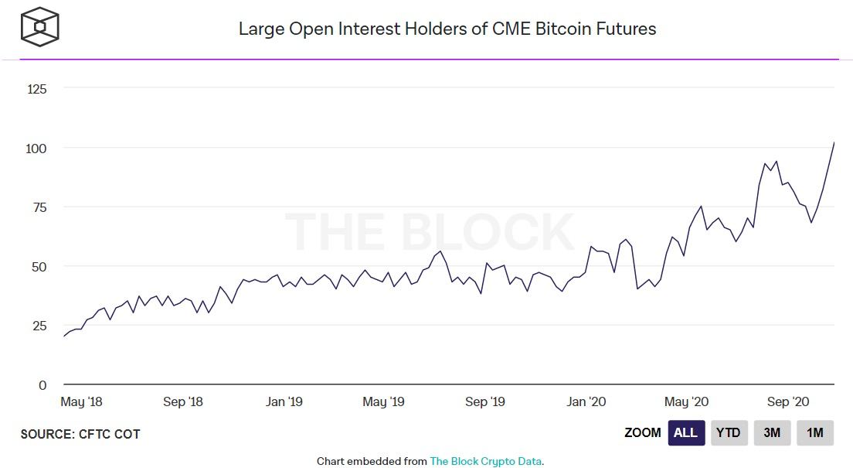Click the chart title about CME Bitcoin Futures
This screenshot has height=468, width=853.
tap(447, 29)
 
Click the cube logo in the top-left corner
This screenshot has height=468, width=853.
tap(39, 26)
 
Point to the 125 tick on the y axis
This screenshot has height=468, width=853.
tap(38, 89)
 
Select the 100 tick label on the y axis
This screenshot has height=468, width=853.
tap(38, 148)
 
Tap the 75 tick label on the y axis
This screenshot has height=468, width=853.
tap(40, 207)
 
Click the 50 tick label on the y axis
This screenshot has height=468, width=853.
tap(40, 267)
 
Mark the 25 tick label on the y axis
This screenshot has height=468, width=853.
tap(40, 326)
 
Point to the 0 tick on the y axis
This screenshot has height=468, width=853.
tap(43, 385)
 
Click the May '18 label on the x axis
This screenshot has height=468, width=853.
tap(81, 401)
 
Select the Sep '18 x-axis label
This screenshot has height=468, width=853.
tap(183, 401)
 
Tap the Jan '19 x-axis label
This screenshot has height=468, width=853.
tap(284, 401)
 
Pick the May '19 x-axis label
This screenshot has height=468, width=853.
tap(384, 401)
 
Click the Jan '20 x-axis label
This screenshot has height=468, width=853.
tap(586, 401)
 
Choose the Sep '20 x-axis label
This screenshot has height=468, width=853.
tap(788, 401)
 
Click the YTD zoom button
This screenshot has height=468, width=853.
tap(729, 433)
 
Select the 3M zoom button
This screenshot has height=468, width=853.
tap(772, 433)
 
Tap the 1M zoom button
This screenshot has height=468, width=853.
tap(815, 433)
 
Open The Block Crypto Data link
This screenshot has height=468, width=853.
tap(486, 461)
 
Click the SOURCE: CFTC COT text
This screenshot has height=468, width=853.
tap(80, 434)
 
